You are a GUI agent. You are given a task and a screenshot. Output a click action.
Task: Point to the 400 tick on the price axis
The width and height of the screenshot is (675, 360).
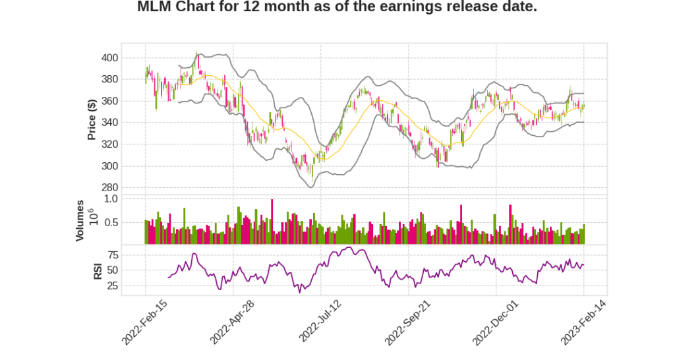[x=109, y=58]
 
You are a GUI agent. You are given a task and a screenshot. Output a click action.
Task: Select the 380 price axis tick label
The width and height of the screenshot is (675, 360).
[x=109, y=80]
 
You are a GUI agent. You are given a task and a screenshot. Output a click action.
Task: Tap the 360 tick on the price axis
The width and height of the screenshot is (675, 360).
[x=109, y=102]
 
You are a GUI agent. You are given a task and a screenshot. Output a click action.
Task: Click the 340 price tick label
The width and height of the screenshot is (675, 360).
[x=109, y=123]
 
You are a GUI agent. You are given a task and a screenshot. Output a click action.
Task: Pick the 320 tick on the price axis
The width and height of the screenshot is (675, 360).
[x=109, y=144]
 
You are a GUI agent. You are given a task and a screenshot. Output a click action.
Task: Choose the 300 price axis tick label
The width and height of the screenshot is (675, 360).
[x=109, y=166]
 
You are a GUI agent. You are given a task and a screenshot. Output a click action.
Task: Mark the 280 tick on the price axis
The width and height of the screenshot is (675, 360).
[x=109, y=188]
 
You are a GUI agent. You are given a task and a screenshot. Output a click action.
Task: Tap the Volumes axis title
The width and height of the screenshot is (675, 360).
[x=80, y=221]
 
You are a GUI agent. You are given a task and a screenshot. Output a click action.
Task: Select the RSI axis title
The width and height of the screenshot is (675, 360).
[x=98, y=270]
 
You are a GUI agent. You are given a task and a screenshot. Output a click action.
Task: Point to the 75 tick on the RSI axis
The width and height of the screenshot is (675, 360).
[x=113, y=255]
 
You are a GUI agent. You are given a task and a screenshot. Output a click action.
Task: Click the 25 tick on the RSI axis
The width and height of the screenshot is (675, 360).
[x=113, y=286]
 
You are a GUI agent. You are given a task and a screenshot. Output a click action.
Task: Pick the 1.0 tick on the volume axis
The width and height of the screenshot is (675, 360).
[x=111, y=198]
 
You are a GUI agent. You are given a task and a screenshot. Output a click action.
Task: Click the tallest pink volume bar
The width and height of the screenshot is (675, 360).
[x=272, y=222]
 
